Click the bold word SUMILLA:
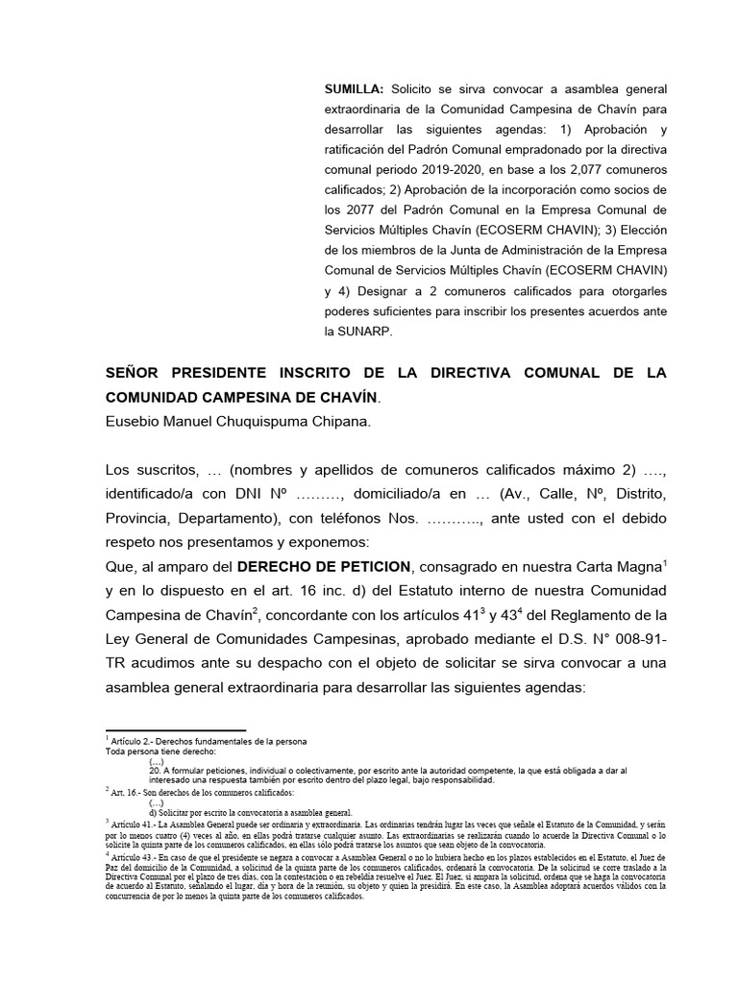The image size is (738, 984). coord(355,88)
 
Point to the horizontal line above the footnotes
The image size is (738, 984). coord(176,730)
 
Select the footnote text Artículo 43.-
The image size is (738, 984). coord(140,855)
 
